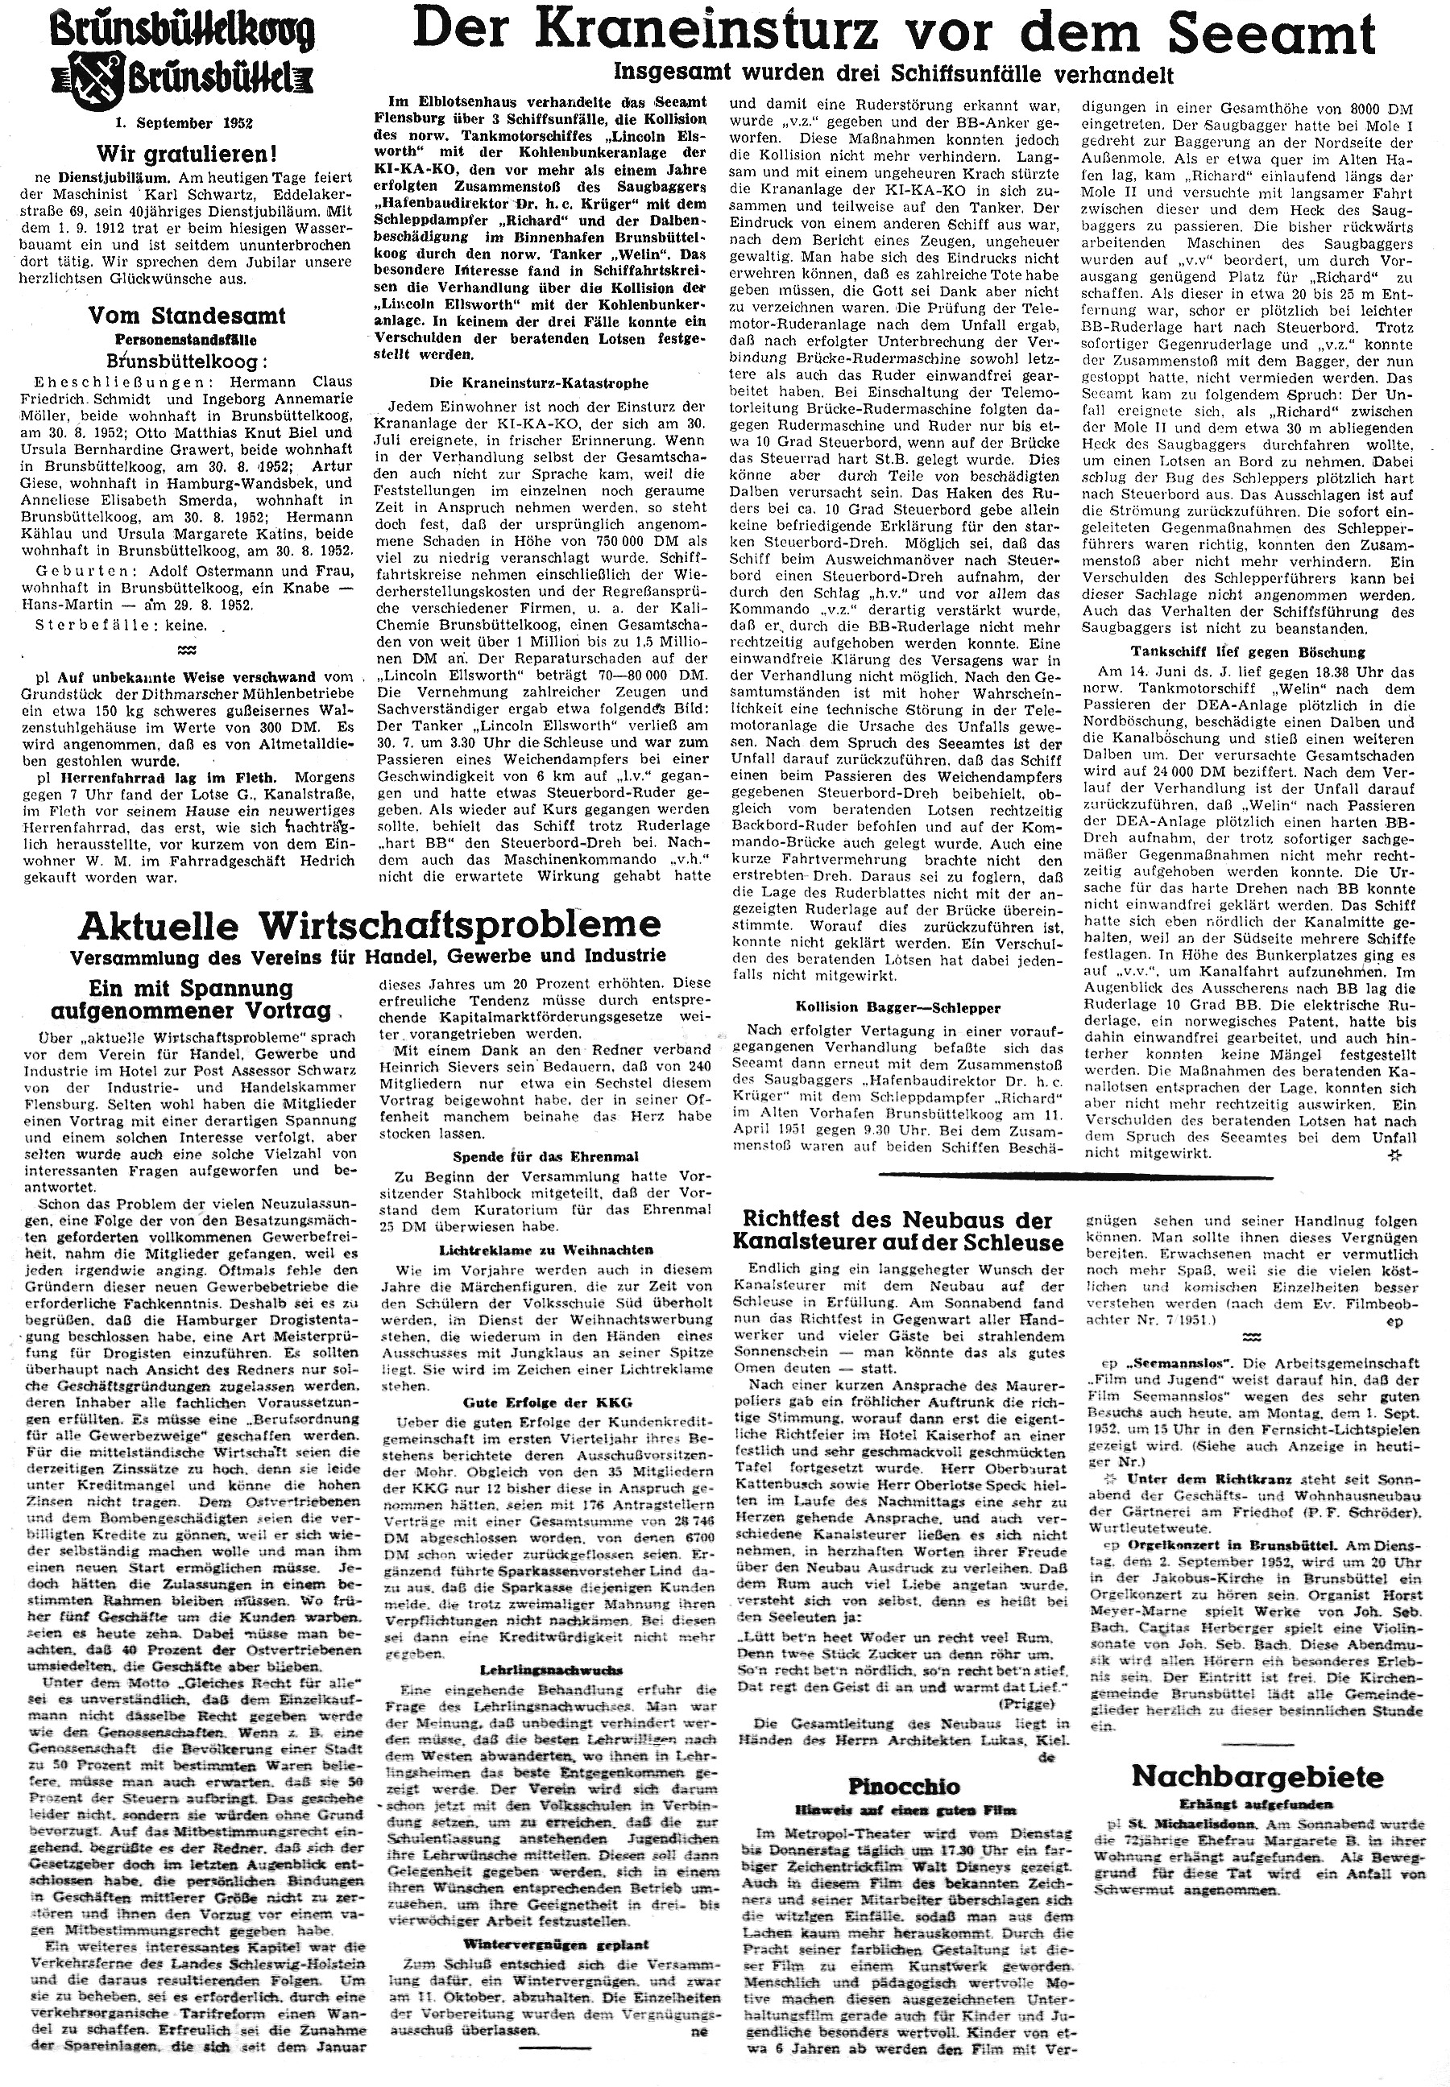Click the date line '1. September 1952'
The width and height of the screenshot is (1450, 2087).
point(177,122)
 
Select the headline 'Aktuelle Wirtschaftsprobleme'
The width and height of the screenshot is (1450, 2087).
point(370,924)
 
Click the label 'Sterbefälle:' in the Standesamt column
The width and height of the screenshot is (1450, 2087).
point(78,626)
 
